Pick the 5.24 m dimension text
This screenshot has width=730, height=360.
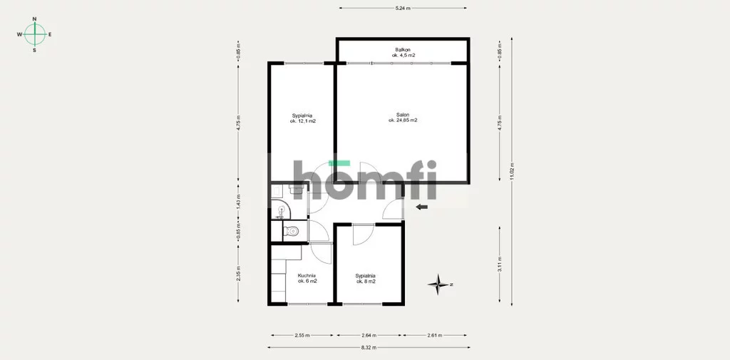click(403, 8)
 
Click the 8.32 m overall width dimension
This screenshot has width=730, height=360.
click(369, 347)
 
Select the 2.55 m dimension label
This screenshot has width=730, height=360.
click(302, 335)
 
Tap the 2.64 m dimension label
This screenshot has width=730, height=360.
click(369, 335)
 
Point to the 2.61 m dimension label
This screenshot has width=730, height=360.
click(435, 335)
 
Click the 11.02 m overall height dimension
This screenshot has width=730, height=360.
click(512, 171)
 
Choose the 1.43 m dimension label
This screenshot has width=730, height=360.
click(238, 201)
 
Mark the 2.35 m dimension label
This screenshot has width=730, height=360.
click(238, 273)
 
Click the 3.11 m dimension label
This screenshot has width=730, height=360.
click(500, 264)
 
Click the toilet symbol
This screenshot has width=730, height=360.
click(291, 230)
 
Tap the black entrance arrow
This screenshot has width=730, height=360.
click(422, 207)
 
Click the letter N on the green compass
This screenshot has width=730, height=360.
click(34, 19)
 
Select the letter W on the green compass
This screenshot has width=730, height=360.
click(19, 34)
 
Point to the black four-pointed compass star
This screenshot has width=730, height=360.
click(438, 284)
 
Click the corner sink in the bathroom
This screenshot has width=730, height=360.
click(280, 210)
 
